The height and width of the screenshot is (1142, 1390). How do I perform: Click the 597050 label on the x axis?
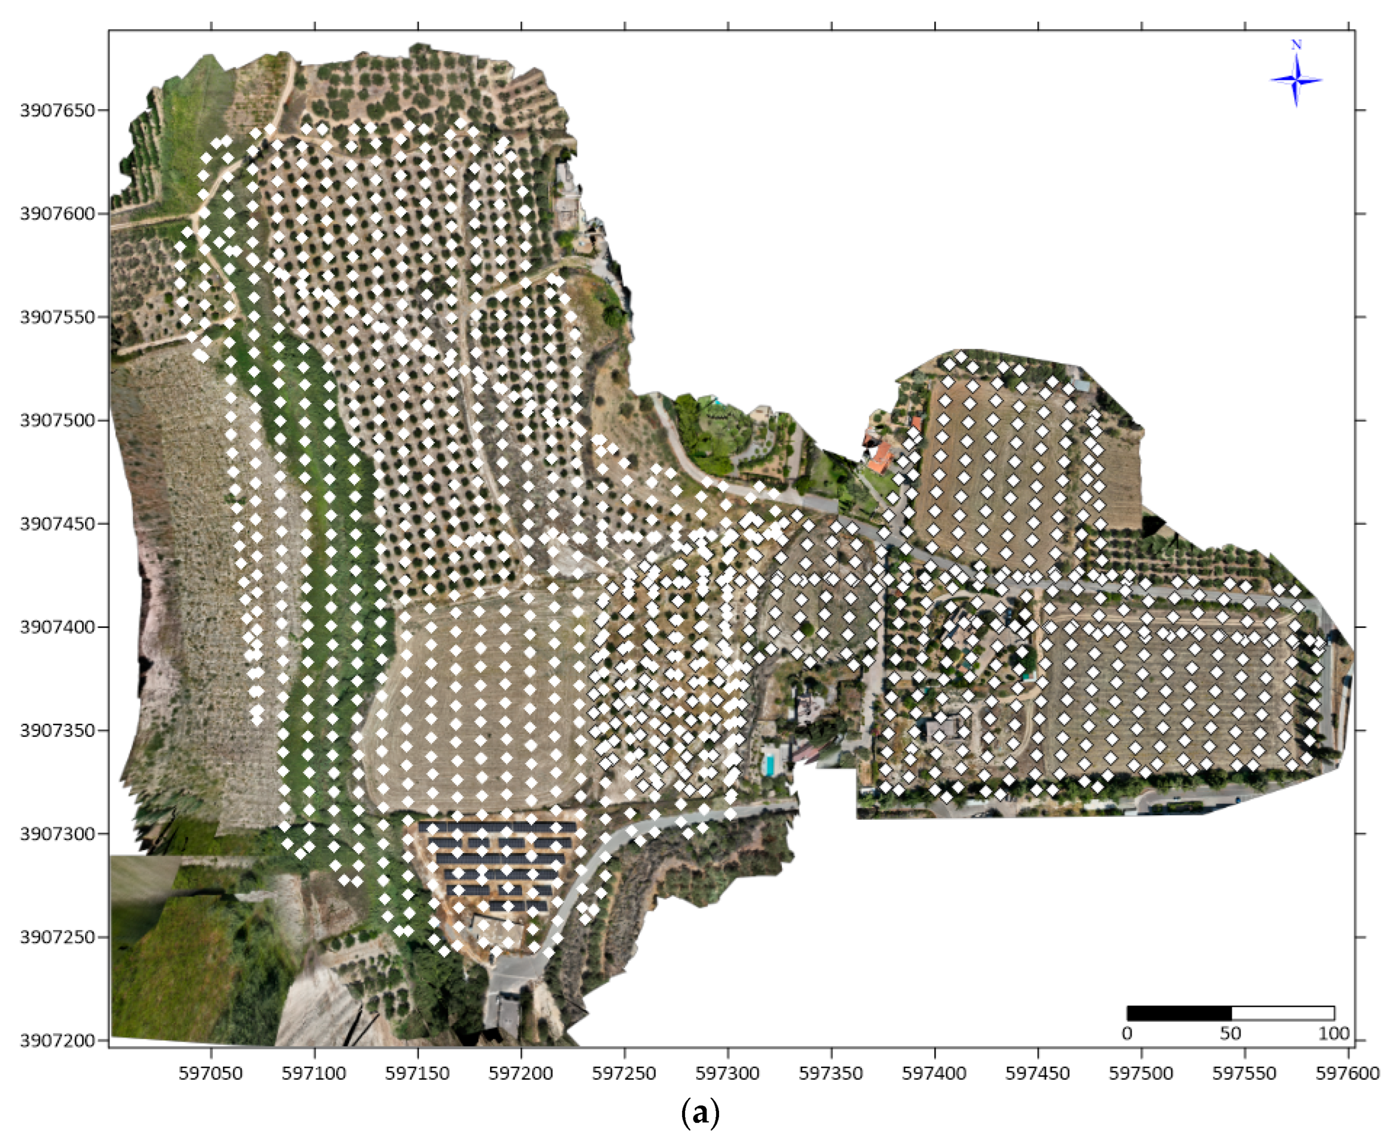[210, 1074]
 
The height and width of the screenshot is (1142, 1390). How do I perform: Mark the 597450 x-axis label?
[1038, 1074]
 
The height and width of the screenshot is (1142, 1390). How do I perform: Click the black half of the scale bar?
[1179, 1013]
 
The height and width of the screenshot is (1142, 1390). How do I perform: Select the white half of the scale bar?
[1282, 1013]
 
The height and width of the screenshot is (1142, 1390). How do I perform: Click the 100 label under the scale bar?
[1334, 1034]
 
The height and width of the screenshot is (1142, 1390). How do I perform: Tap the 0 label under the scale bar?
[1127, 1034]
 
